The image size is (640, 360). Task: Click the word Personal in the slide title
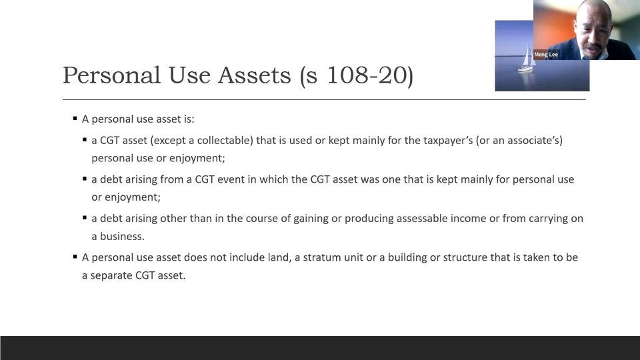click(111, 75)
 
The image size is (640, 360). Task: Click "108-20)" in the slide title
click(370, 75)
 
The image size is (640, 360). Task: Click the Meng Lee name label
click(546, 55)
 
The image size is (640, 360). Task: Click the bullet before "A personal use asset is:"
click(75, 119)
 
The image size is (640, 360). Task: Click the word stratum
click(323, 257)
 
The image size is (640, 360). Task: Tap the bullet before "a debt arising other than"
click(85, 217)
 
